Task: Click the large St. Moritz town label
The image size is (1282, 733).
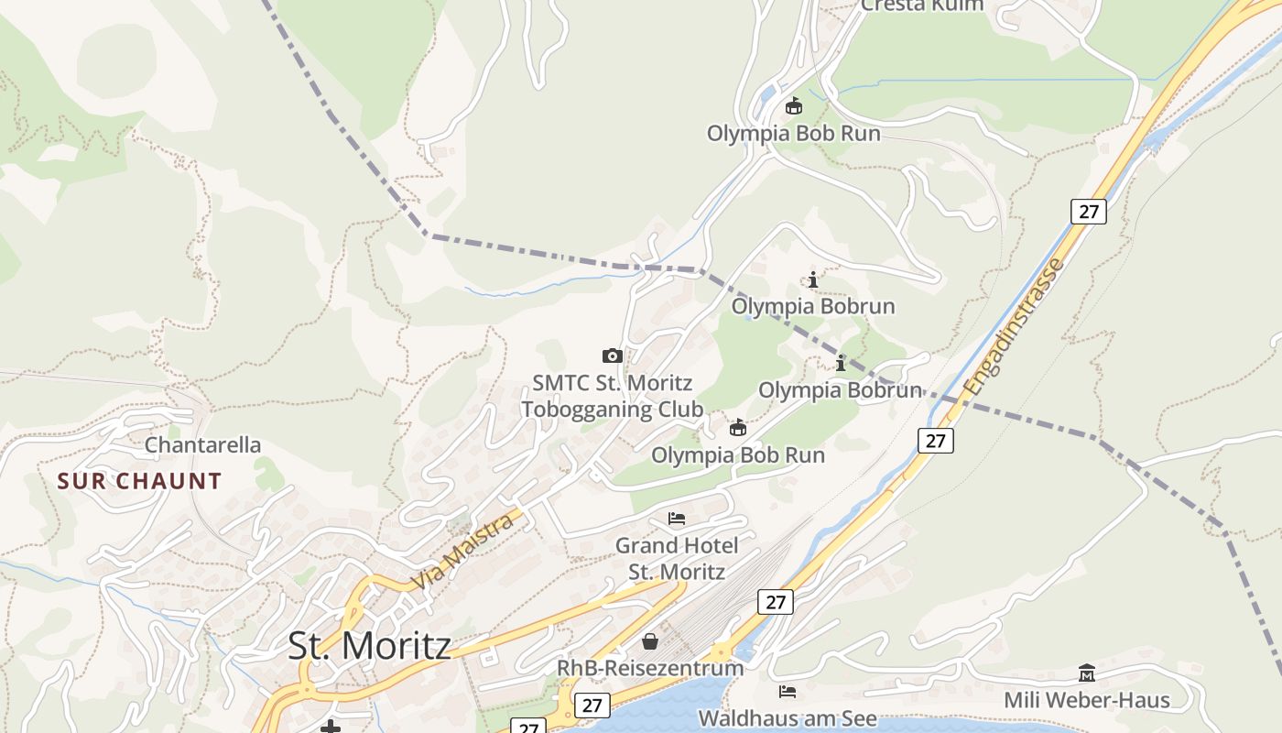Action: (x=369, y=646)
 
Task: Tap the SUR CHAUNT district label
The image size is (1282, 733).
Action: (x=139, y=481)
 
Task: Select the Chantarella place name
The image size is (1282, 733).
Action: (x=202, y=445)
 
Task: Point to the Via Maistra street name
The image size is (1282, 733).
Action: (x=462, y=552)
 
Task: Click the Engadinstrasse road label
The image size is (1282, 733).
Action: (x=1015, y=327)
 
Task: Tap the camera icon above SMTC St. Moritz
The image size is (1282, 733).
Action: (x=613, y=356)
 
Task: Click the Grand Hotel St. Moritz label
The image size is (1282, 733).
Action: (x=676, y=558)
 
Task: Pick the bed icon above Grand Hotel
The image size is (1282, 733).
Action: (x=677, y=519)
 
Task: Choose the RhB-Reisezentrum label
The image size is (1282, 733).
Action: (x=650, y=667)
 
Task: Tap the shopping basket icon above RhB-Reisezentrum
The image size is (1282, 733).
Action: (x=650, y=640)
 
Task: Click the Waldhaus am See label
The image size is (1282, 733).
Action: (x=788, y=718)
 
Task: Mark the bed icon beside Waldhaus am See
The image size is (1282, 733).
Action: (x=787, y=691)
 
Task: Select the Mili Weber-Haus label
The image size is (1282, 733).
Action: (x=1087, y=700)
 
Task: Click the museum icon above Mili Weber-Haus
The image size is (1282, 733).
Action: (x=1087, y=673)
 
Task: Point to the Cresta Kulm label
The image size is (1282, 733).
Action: (x=922, y=5)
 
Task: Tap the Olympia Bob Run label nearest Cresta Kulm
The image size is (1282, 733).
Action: (x=793, y=134)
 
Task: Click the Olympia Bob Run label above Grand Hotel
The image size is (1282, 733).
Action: (x=737, y=454)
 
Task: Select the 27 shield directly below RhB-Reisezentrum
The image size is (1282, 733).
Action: (x=592, y=705)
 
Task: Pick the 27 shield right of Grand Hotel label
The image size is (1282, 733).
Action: (x=776, y=602)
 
